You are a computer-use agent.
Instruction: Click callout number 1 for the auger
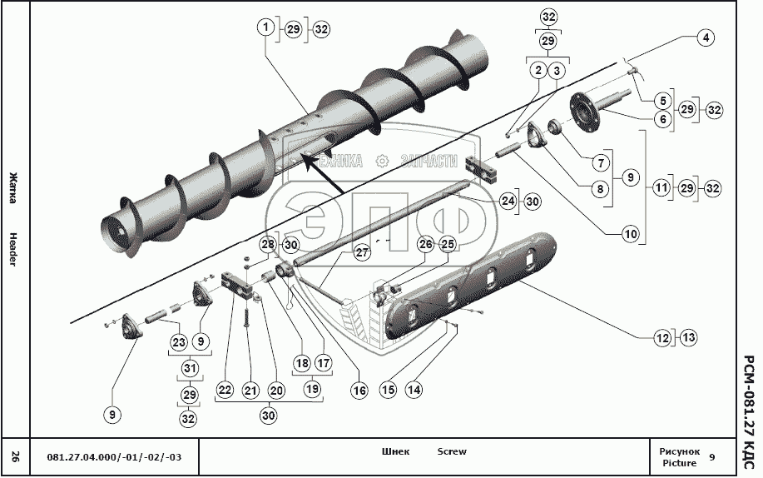point(265,27)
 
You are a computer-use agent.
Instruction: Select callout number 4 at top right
point(705,37)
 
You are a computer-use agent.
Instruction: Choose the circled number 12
point(662,337)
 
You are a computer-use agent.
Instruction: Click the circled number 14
point(414,388)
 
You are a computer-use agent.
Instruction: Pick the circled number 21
point(250,388)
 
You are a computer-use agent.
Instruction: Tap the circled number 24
point(508,201)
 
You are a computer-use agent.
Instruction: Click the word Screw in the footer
point(452,452)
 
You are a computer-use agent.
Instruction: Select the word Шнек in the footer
point(395,452)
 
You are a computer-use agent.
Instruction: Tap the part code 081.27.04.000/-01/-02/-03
point(113,456)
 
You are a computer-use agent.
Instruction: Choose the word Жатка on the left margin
point(14,184)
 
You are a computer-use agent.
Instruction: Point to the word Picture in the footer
point(679,462)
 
